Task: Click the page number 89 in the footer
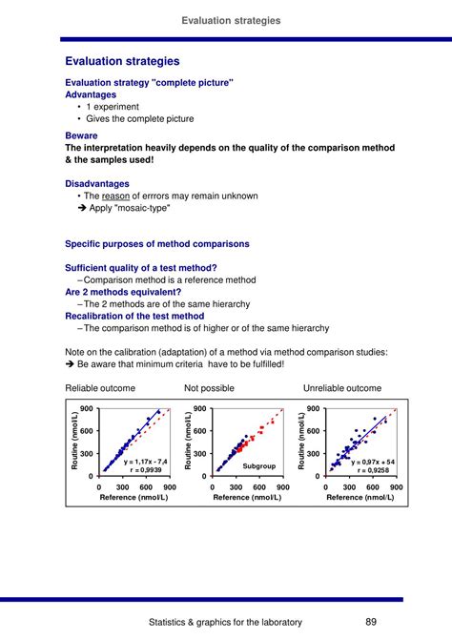point(372,622)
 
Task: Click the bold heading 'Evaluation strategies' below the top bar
point(122,61)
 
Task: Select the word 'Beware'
point(82,136)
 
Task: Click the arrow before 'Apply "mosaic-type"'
point(81,208)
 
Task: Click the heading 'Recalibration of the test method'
point(134,316)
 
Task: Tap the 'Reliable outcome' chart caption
point(100,388)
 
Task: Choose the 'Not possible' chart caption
point(209,388)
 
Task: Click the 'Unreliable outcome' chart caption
point(342,388)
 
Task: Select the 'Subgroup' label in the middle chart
point(258,465)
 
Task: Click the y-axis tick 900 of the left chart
point(86,409)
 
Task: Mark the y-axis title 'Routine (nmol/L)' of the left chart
point(73,442)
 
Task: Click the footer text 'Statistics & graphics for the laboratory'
point(226,622)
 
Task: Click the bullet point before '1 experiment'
point(76,108)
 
